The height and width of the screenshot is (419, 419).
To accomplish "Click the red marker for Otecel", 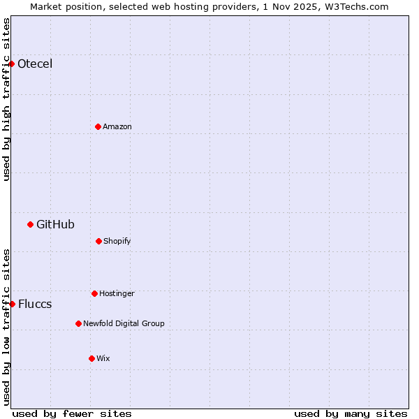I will click(12, 64).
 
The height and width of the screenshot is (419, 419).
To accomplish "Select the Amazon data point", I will click(98, 126).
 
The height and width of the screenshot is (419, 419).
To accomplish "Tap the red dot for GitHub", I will click(30, 224).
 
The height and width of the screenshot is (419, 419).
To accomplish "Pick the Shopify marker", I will click(98, 241).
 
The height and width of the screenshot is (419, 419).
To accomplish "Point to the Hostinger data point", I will click(94, 293).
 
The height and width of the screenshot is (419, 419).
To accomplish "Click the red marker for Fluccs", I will click(12, 304).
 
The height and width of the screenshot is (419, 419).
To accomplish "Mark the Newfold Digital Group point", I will click(78, 323).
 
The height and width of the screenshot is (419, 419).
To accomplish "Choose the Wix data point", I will click(91, 358).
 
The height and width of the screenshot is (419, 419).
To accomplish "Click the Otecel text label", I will click(35, 64).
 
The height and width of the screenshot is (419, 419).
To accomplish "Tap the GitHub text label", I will click(55, 224).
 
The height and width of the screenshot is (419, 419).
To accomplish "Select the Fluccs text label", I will click(35, 304).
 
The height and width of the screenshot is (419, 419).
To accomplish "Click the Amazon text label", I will click(117, 126).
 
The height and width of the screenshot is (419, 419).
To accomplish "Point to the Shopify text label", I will click(117, 241).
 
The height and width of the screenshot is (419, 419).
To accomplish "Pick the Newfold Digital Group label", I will click(124, 323).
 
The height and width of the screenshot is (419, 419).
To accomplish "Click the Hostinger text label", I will click(117, 293).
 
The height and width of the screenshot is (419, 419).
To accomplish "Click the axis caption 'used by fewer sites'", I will click(72, 413).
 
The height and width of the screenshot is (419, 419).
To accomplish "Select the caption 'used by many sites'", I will click(351, 413).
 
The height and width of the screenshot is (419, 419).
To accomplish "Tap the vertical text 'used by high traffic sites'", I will click(6, 99).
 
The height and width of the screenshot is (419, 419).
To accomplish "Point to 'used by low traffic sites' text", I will click(6, 327).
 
